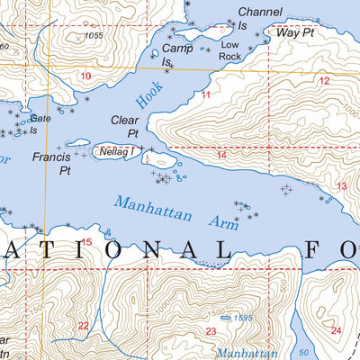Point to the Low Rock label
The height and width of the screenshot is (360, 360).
(x=230, y=49)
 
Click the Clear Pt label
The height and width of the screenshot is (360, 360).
(x=125, y=126)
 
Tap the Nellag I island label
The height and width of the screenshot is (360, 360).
(x=119, y=152)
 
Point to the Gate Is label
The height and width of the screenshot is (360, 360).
(x=40, y=123)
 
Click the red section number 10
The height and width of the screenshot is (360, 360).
(x=85, y=76)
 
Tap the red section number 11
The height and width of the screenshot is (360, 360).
(x=206, y=94)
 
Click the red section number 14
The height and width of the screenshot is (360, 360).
(x=220, y=155)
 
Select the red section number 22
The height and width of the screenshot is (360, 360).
(x=83, y=326)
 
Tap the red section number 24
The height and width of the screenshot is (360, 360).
(x=336, y=330)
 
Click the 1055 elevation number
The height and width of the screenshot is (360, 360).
(x=94, y=35)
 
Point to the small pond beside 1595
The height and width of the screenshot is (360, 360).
(x=224, y=317)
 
